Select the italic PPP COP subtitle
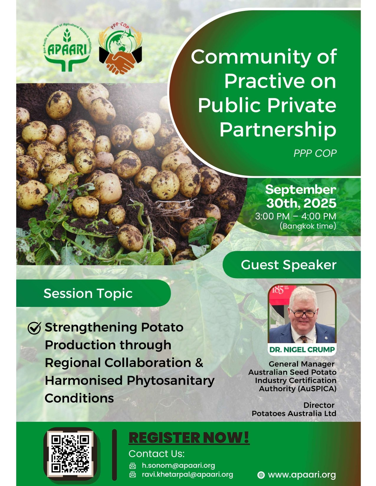click(x=315, y=153)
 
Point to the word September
click(x=301, y=190)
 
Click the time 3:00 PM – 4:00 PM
click(x=295, y=216)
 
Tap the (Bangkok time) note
click(x=308, y=226)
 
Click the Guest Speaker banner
click(x=292, y=265)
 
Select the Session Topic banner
click(x=93, y=293)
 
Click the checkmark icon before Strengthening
click(x=34, y=328)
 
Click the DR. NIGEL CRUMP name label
click(x=302, y=350)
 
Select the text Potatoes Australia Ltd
click(x=294, y=413)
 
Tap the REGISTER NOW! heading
click(x=189, y=437)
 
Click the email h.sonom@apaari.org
click(x=178, y=465)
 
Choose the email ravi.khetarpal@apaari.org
click(x=188, y=475)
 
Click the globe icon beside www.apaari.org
click(x=261, y=475)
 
